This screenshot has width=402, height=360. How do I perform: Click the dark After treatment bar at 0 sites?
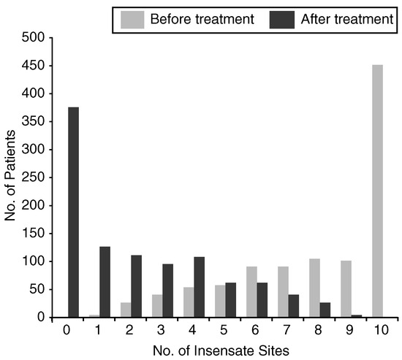74,212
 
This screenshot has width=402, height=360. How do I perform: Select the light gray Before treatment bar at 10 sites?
377,191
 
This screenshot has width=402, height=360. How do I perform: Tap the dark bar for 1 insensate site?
105,282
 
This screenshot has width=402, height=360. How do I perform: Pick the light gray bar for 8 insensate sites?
314,288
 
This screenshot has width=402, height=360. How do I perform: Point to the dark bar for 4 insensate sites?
200,287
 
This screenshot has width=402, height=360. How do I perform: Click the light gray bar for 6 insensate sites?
251,292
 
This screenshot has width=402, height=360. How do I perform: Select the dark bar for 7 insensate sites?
294,306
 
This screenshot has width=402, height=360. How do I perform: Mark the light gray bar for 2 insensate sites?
126,310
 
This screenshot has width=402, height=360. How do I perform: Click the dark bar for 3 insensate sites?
168,291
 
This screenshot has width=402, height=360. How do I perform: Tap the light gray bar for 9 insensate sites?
346,289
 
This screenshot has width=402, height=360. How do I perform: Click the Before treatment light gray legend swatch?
132,20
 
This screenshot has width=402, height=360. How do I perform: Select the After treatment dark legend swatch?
281,20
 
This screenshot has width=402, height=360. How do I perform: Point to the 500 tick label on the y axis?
34,38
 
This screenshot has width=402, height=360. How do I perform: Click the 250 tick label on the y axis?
34,177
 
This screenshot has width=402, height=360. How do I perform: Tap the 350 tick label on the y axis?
34,121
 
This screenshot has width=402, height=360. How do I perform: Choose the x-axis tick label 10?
382,330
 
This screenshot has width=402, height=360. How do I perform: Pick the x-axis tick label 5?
224,330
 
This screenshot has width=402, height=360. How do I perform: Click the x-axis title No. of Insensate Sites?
221,351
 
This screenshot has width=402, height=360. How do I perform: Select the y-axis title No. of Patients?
10,175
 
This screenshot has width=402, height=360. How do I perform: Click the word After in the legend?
314,19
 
